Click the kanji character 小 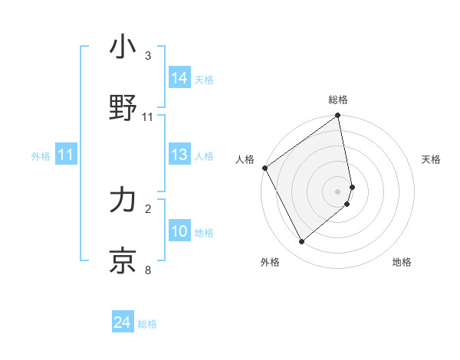pyautogui.click(x=123, y=47)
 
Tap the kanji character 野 pyautogui.click(x=123, y=109)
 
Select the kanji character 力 pyautogui.click(x=123, y=201)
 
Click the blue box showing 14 pyautogui.click(x=180, y=78)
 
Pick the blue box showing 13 pyautogui.click(x=180, y=155)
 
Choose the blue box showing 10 pyautogui.click(x=180, y=232)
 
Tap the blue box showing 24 pyautogui.click(x=123, y=323)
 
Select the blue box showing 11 pyautogui.click(x=66, y=155)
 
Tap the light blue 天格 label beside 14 pyautogui.click(x=204, y=80)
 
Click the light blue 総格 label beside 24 pyautogui.click(x=147, y=325)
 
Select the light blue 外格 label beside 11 pyautogui.click(x=41, y=156)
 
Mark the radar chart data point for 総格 pyautogui.click(x=338, y=116)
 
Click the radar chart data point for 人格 pyautogui.click(x=264, y=168)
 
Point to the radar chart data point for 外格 pyautogui.click(x=301, y=241)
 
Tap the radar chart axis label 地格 pyautogui.click(x=402, y=262)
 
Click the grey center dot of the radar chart pyautogui.click(x=338, y=191)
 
